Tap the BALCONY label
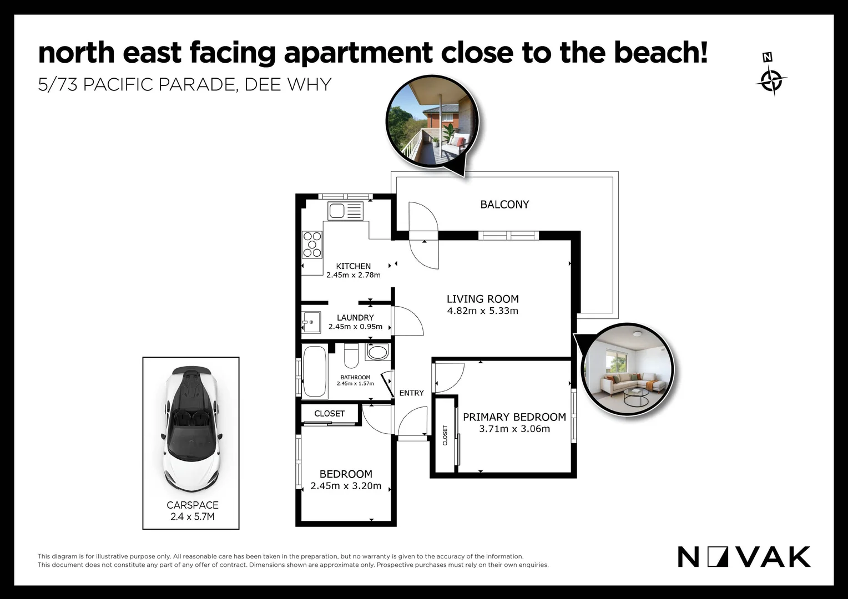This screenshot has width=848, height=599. pos(504,205)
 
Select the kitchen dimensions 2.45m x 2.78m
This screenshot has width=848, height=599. pos(353,275)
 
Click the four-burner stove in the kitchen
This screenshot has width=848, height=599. pos(312,245)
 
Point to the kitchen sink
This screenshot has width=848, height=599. pos(345,211)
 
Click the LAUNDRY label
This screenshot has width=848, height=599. pos(355,318)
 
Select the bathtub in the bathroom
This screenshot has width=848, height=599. pos(315,372)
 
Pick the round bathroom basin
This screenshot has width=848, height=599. pos(378,352)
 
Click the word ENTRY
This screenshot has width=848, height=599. pos(411,393)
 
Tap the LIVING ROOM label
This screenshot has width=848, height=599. pos(482,299)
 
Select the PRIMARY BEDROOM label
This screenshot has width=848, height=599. pos(514,417)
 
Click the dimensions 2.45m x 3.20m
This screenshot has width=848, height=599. pos(346,486)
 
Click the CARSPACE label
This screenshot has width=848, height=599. pos(192,505)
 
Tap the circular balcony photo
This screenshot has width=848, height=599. pos(432,121)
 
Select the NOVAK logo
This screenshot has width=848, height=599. pos(744,557)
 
